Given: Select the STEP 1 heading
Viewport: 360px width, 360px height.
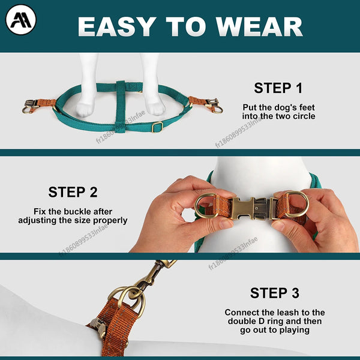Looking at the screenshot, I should (278, 88).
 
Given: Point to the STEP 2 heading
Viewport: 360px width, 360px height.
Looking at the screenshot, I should (73, 193).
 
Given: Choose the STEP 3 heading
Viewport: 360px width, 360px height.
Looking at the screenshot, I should (274, 293).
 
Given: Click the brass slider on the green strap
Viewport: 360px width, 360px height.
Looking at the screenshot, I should (157, 127).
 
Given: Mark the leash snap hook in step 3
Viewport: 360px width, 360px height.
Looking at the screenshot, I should (153, 273).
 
